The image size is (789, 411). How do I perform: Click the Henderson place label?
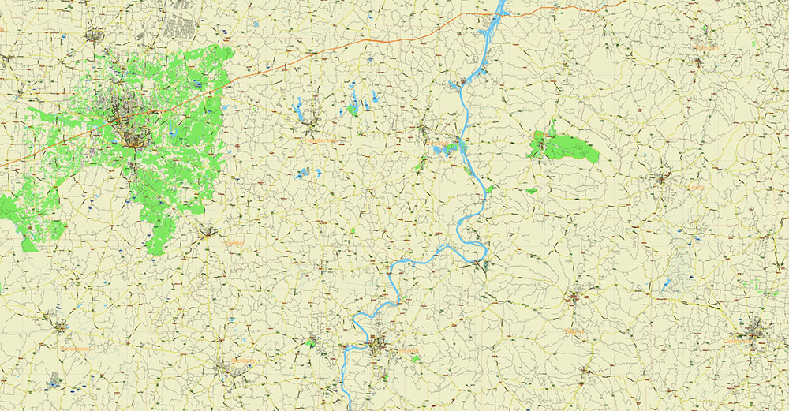(319, 140)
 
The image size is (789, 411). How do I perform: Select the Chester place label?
(233, 243)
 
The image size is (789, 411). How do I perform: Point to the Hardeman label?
(75, 348)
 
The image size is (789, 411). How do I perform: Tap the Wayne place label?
(577, 331)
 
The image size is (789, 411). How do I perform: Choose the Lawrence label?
(737, 342)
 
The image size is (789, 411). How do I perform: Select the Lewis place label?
(694, 188)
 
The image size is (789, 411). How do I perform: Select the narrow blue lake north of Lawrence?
(667, 283)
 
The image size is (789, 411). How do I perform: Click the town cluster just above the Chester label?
(207, 232)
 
